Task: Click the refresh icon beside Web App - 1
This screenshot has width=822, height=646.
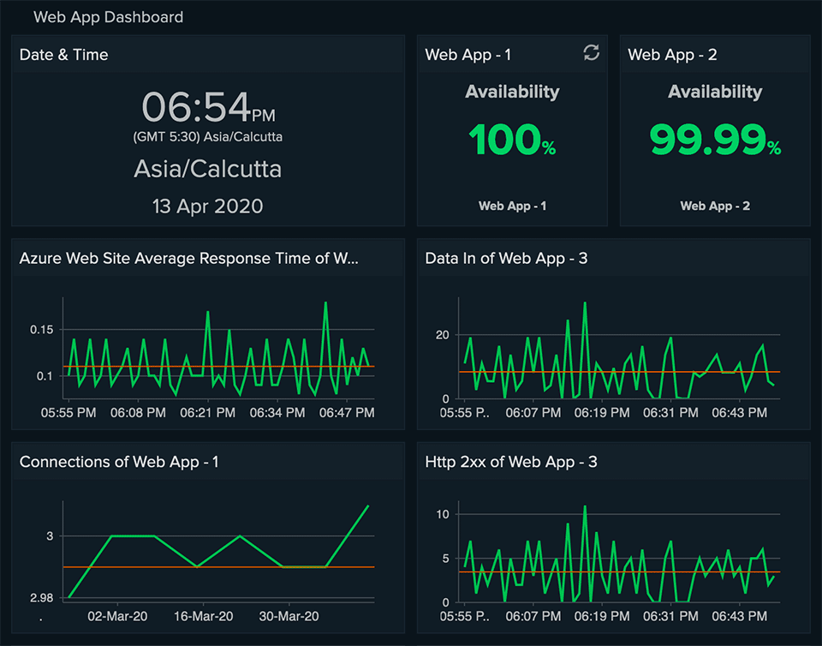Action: [x=591, y=53]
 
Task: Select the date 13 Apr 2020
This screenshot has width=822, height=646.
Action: [x=208, y=206]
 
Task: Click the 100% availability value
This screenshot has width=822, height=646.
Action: [x=512, y=140]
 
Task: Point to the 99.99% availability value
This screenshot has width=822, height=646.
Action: [x=715, y=140]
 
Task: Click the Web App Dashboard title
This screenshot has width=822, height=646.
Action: [x=108, y=16]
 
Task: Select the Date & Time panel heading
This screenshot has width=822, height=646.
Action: [x=64, y=55]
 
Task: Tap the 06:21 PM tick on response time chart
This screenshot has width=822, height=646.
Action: [x=206, y=413]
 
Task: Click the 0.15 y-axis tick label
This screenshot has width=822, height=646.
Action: [x=41, y=330]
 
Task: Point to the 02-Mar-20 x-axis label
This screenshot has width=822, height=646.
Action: [x=116, y=616]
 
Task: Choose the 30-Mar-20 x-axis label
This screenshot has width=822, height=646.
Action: [x=289, y=616]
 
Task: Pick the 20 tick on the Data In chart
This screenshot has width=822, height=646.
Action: [x=442, y=335]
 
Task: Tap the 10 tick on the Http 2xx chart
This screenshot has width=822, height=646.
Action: [x=442, y=514]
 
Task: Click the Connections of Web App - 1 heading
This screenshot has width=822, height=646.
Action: [x=119, y=463]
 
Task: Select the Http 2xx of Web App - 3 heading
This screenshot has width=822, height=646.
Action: [x=511, y=463]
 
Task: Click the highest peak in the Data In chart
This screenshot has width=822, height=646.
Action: [x=585, y=302]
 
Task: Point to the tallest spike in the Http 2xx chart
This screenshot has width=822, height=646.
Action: [x=585, y=506]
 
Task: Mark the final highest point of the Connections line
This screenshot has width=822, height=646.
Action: [x=368, y=505]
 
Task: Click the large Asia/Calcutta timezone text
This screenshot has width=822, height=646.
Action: [x=208, y=169]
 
